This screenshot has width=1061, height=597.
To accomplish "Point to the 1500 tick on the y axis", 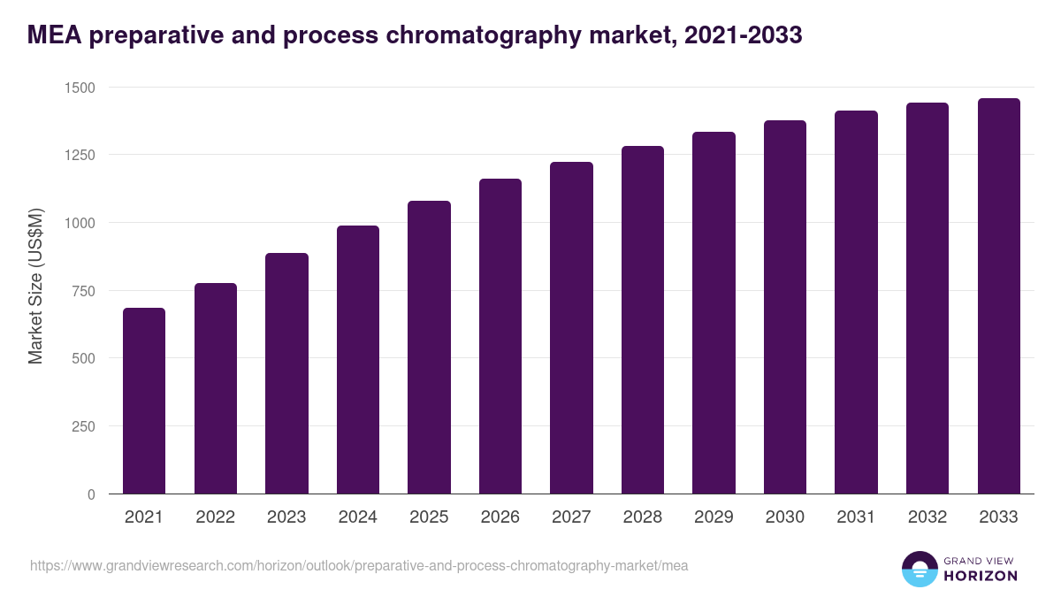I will pyautogui.click(x=79, y=87).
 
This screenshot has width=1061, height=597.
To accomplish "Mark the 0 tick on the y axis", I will pyautogui.click(x=90, y=494).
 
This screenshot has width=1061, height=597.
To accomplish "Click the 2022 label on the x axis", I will pyautogui.click(x=215, y=517).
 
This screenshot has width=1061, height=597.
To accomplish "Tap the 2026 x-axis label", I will pyautogui.click(x=500, y=517).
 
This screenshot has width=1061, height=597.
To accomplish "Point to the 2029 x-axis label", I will pyautogui.click(x=714, y=517).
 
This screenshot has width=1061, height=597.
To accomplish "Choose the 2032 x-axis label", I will pyautogui.click(x=927, y=517).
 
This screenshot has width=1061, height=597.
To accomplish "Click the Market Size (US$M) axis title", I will pyautogui.click(x=35, y=286).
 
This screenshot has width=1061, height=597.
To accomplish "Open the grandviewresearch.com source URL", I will pyautogui.click(x=359, y=565).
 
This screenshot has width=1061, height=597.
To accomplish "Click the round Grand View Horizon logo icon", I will pyautogui.click(x=919, y=569).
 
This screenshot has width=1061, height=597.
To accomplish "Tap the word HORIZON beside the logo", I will pyautogui.click(x=981, y=576).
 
